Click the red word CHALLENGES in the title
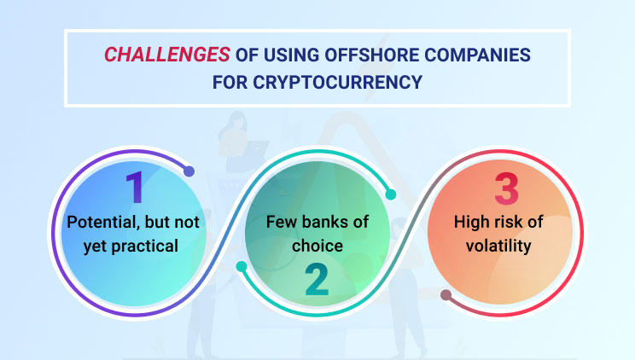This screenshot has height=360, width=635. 167,55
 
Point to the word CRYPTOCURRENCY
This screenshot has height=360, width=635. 338,82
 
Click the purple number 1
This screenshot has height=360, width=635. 135,187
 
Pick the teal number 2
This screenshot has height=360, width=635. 317,280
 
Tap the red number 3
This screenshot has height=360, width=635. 506,189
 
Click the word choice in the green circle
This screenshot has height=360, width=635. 317,246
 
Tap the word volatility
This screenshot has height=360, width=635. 498,247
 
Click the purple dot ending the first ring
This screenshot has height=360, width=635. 189,171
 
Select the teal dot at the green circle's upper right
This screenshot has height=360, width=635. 390,195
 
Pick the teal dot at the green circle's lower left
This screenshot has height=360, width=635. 242,266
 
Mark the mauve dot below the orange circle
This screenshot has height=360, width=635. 446,295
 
